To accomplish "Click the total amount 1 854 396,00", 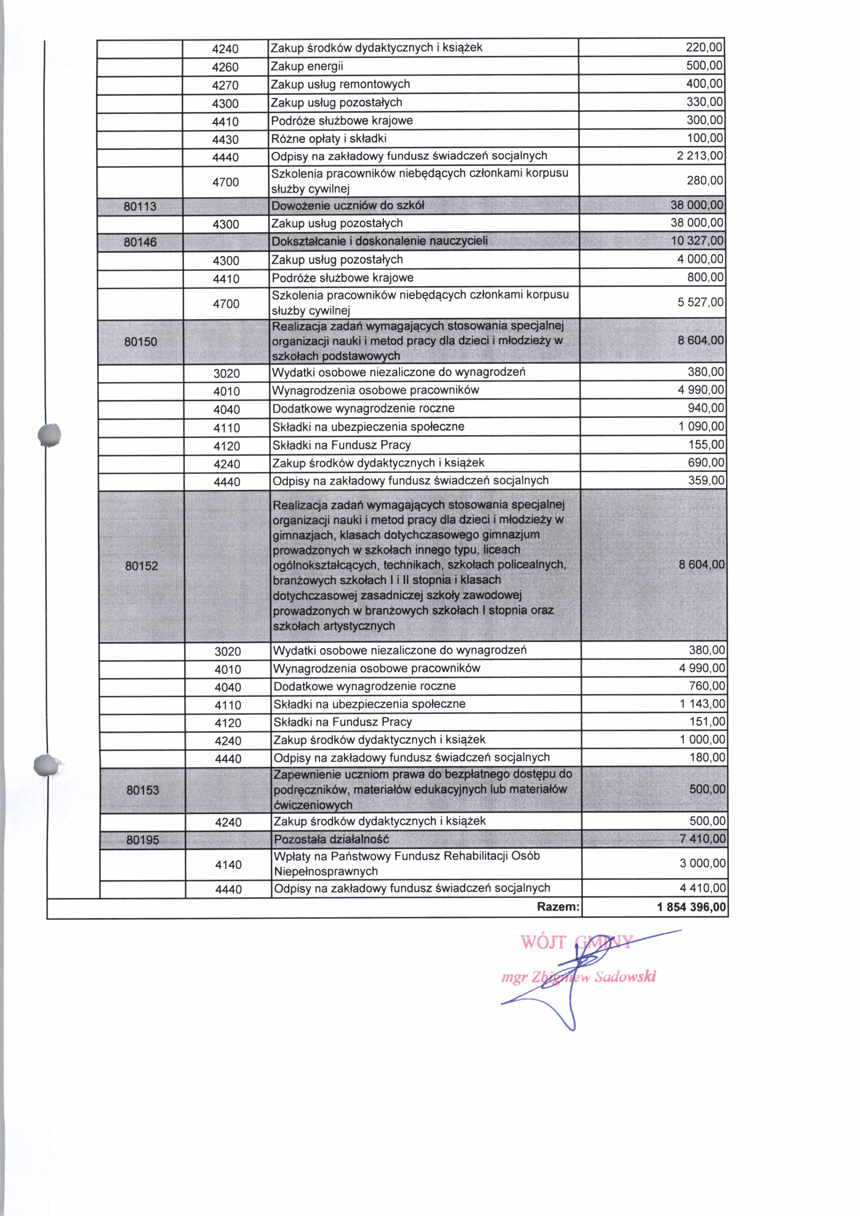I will click(691, 907).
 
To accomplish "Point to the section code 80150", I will click(141, 342).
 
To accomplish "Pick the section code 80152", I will click(141, 566).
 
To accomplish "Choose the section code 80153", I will click(143, 790).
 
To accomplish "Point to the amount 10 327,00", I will click(697, 241).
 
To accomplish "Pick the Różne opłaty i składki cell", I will click(329, 139).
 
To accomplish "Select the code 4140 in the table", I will click(228, 865).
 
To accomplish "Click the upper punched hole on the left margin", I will click(50, 435).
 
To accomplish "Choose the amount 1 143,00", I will click(702, 704).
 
